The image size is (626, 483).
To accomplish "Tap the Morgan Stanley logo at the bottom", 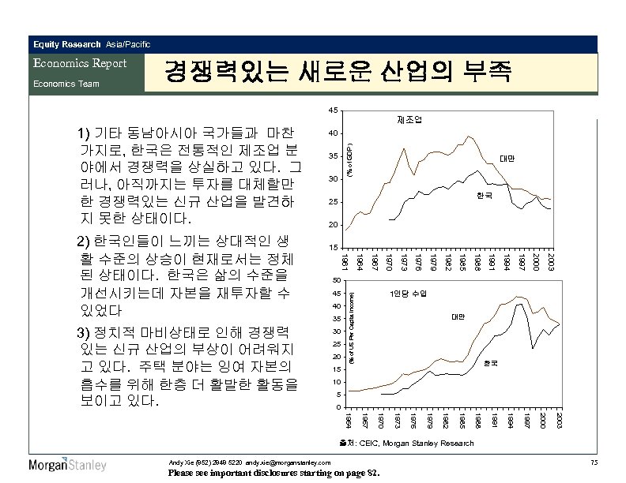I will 67,464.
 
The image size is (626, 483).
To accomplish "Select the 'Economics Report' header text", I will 77,63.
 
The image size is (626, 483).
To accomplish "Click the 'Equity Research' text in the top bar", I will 66,43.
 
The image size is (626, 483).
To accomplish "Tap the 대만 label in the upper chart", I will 507,159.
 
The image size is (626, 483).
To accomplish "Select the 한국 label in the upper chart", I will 482,195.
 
